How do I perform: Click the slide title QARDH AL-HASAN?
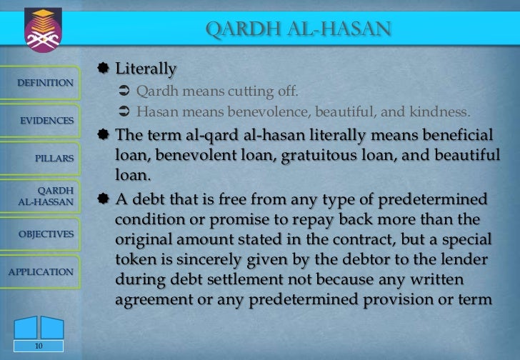298,29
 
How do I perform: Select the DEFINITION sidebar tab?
44,84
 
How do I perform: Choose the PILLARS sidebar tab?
54,156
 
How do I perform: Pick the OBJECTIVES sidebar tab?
46,234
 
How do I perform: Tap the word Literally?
146,69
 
